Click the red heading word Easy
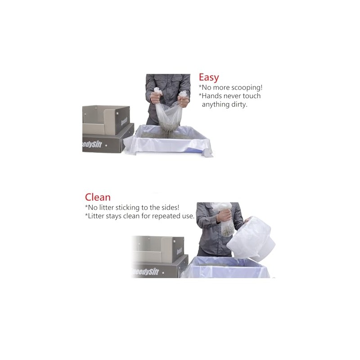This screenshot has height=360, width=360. click(209, 77)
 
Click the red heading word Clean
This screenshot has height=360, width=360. click(98, 197)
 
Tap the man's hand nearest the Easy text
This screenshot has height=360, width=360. click(184, 96)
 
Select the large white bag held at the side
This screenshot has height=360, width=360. click(252, 238)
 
